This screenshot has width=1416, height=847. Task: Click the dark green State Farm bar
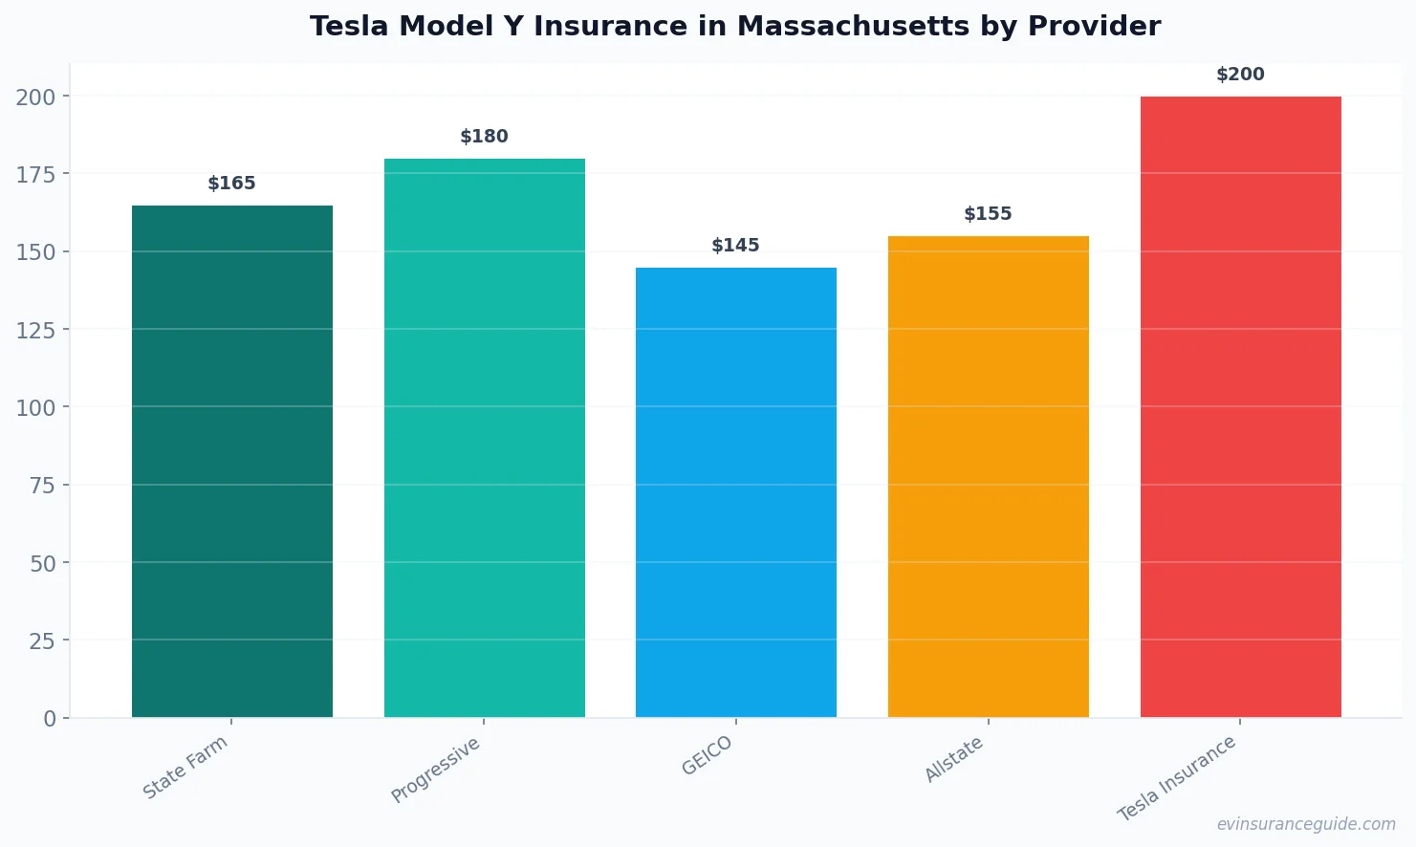coord(232,461)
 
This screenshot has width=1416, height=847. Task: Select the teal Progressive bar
coord(485,438)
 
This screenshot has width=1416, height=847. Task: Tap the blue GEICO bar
coord(736,492)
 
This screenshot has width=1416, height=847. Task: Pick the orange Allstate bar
coord(989,476)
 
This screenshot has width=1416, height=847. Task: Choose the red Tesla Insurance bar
coord(1240,406)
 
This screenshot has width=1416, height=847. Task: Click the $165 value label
coord(231,184)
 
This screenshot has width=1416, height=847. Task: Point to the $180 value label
coord(484,137)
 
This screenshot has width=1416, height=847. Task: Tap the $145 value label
coord(735,246)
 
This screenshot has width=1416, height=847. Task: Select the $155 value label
coord(988,214)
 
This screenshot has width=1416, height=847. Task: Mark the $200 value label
coord(1240,75)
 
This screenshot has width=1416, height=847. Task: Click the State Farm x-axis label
coord(185,767)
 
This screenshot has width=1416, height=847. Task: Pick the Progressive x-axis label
coord(436,770)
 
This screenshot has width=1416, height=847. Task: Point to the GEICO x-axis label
coord(708,755)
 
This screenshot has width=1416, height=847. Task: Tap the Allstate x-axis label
coord(954,760)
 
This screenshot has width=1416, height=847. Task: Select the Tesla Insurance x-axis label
coord(1177,778)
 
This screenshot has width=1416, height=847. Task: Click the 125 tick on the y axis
coord(35,330)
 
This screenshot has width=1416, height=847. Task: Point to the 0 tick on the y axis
coord(50,719)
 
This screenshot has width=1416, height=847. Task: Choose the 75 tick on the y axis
coord(42,486)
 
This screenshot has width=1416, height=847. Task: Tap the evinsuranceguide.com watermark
coord(1306,824)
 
